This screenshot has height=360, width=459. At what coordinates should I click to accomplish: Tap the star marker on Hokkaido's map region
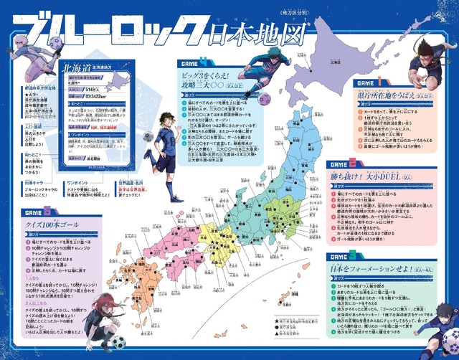[x=311, y=70]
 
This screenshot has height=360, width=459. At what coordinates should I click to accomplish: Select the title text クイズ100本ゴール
[x=52, y=226]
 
